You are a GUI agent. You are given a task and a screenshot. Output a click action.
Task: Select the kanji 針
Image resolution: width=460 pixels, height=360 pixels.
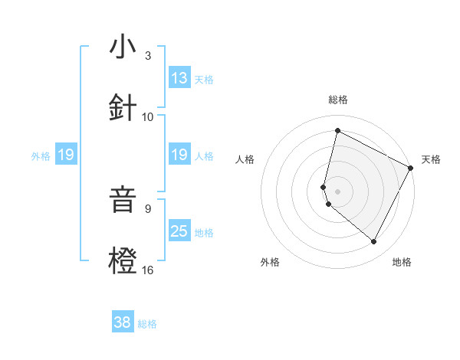click(123, 107)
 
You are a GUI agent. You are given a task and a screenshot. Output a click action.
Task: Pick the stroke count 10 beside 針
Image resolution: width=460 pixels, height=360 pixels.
click(148, 116)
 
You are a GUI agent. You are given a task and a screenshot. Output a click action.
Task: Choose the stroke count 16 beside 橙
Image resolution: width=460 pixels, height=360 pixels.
click(148, 270)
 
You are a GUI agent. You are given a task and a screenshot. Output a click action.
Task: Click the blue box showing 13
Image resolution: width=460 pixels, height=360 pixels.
click(179, 78)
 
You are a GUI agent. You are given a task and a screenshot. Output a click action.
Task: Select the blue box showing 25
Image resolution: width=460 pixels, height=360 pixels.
click(179, 231)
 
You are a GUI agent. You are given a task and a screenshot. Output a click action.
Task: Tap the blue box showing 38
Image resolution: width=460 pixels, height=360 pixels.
click(123, 322)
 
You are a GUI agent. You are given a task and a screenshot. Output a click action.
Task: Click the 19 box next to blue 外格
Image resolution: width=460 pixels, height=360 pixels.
click(66, 155)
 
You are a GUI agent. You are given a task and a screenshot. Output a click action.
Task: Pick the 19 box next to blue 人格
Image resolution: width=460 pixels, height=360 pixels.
click(179, 155)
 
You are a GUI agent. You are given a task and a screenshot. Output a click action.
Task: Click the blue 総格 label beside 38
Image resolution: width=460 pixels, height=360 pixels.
click(148, 324)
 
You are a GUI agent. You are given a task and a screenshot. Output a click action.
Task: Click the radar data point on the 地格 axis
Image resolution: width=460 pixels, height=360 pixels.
click(374, 242)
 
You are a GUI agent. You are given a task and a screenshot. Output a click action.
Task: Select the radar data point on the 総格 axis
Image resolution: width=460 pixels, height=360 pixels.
click(337, 130)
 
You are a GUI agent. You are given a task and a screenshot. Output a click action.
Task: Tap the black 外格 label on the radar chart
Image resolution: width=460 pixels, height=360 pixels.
click(270, 262)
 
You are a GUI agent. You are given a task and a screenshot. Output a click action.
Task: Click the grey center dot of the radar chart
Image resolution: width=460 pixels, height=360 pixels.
click(337, 191)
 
